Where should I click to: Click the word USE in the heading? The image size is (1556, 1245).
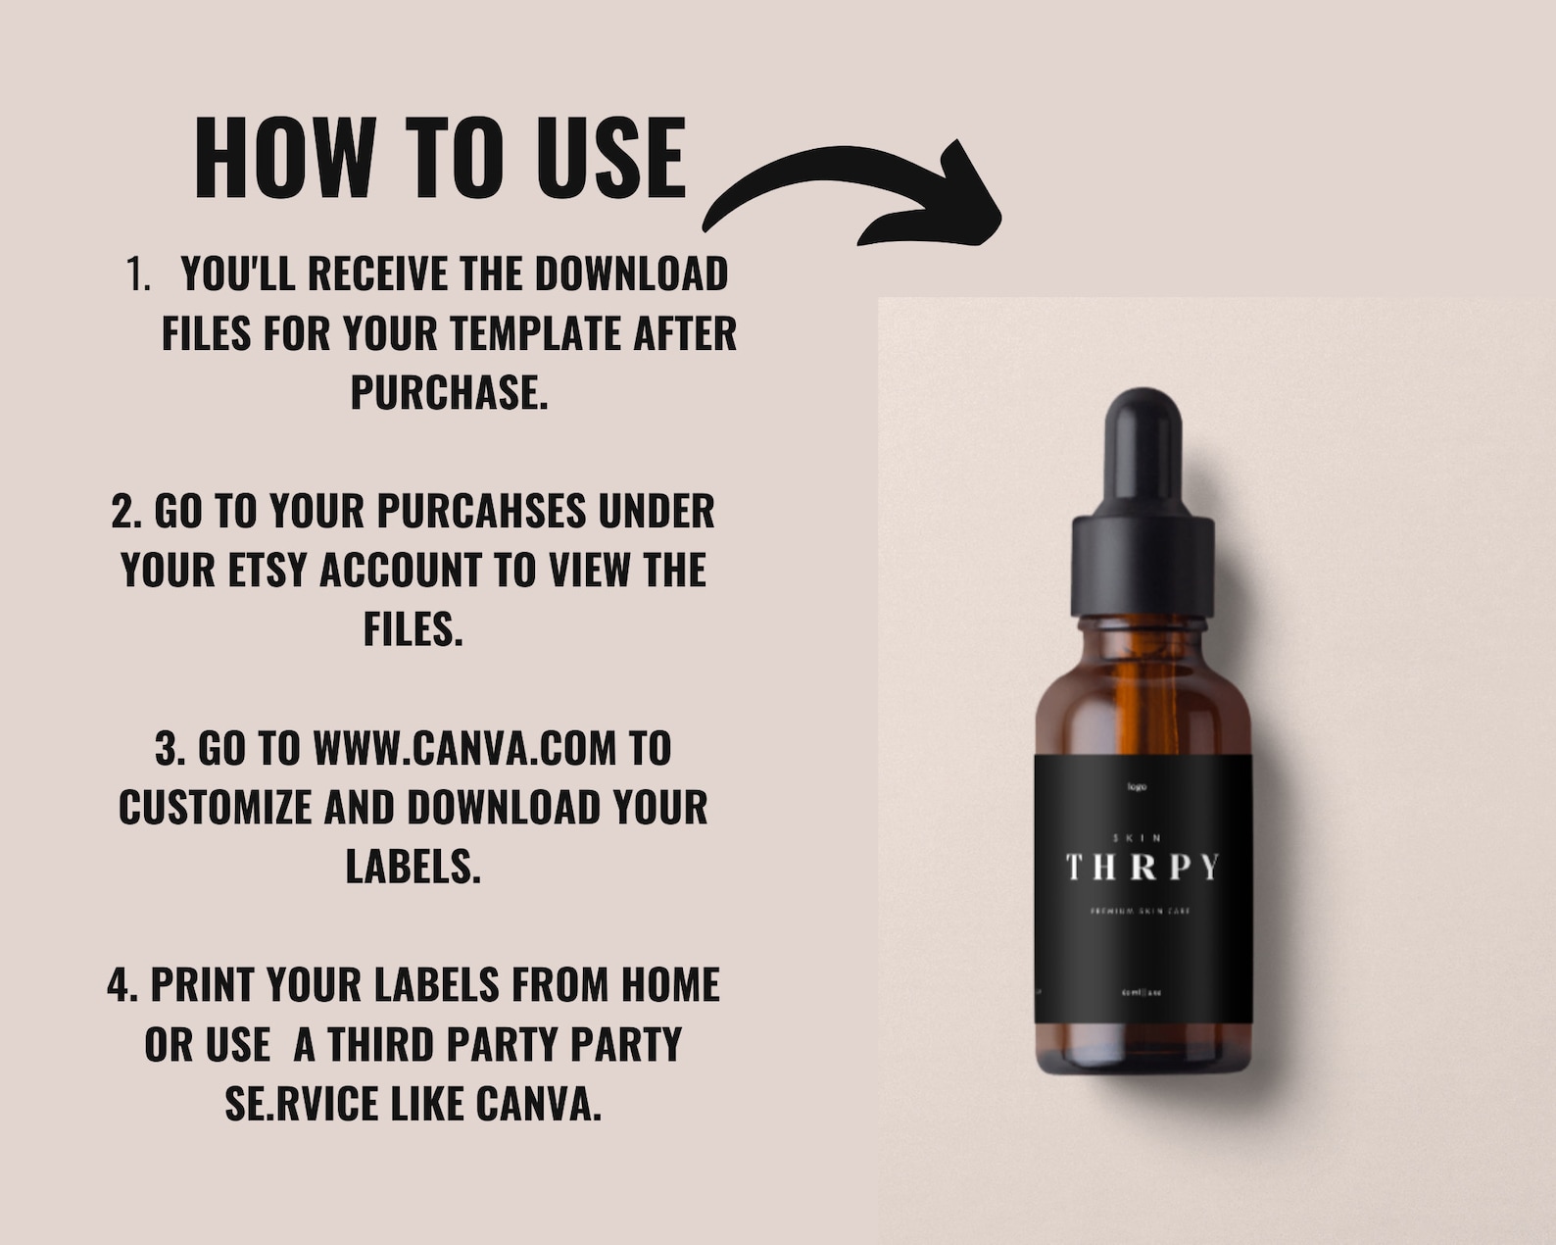click(x=610, y=158)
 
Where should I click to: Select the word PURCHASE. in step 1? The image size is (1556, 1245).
click(x=449, y=393)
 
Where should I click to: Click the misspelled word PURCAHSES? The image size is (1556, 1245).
click(x=481, y=512)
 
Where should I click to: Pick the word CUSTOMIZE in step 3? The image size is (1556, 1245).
click(x=215, y=809)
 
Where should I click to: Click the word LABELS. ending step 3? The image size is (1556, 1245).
click(x=413, y=868)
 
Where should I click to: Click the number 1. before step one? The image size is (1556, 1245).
click(x=138, y=274)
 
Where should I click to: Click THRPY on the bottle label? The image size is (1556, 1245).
click(x=1142, y=868)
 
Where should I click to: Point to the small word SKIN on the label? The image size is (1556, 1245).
click(x=1138, y=838)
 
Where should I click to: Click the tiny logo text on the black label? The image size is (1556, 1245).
click(x=1137, y=787)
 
